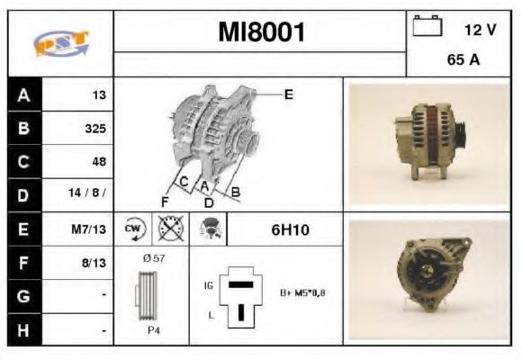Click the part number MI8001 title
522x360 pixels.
[262, 33]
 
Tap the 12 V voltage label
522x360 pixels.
[480, 30]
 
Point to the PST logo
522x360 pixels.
[60, 43]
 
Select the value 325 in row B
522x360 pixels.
[94, 129]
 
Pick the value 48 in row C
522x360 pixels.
[98, 162]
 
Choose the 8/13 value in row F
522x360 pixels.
[94, 263]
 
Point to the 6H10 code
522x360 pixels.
[290, 229]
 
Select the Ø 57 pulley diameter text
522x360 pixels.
[154, 259]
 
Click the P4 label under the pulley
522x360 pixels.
[155, 330]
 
